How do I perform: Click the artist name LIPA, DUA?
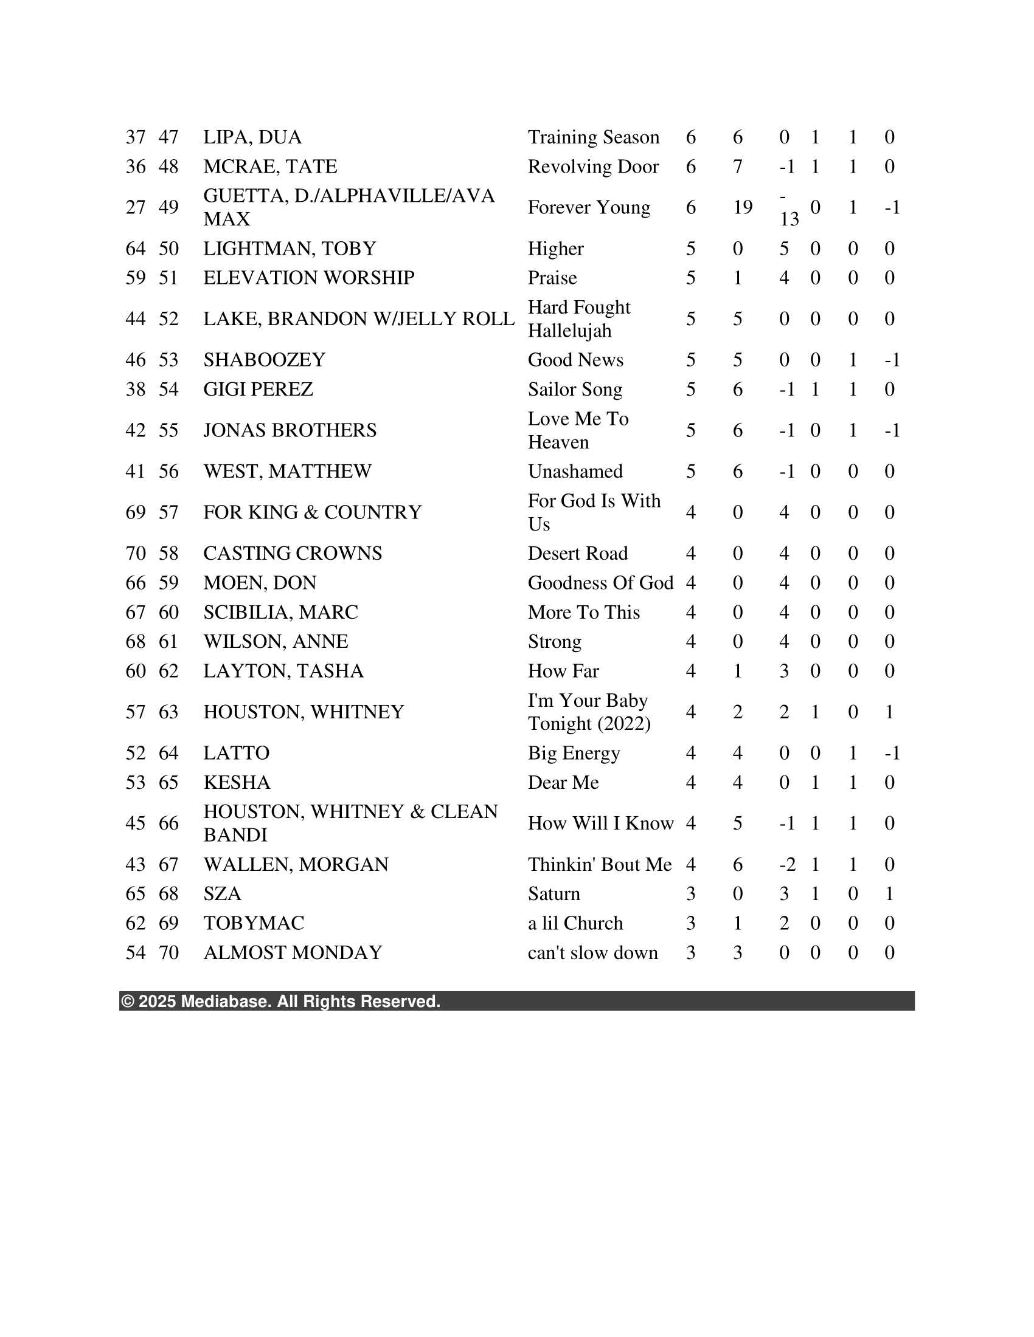click(x=252, y=137)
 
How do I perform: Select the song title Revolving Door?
click(x=593, y=167)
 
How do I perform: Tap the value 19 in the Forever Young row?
click(x=743, y=207)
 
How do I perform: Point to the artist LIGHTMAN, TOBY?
click(x=290, y=249)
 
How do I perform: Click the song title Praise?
click(x=552, y=278)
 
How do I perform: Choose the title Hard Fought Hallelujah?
click(x=579, y=319)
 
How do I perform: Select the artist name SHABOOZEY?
click(x=264, y=360)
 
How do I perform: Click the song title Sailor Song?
click(x=575, y=390)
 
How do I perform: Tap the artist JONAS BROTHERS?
click(x=290, y=430)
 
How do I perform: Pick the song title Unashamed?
click(x=575, y=472)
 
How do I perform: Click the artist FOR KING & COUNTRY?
click(x=313, y=512)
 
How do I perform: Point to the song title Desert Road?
click(x=578, y=554)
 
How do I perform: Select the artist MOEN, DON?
click(x=260, y=583)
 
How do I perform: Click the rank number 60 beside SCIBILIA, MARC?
click(x=168, y=612)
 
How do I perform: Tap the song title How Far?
click(x=563, y=671)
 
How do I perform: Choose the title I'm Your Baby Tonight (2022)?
click(x=589, y=712)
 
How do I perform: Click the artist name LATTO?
click(x=237, y=753)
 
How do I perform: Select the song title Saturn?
click(x=553, y=894)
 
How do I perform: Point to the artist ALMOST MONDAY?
click(x=293, y=952)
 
